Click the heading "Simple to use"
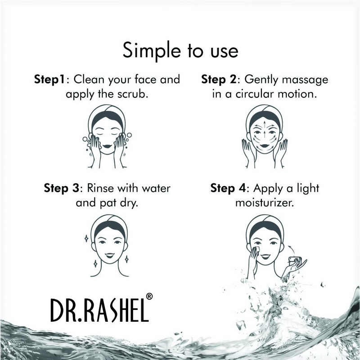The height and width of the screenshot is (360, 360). pyautogui.click(x=180, y=50)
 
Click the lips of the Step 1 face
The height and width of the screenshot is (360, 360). pyautogui.click(x=108, y=146)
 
